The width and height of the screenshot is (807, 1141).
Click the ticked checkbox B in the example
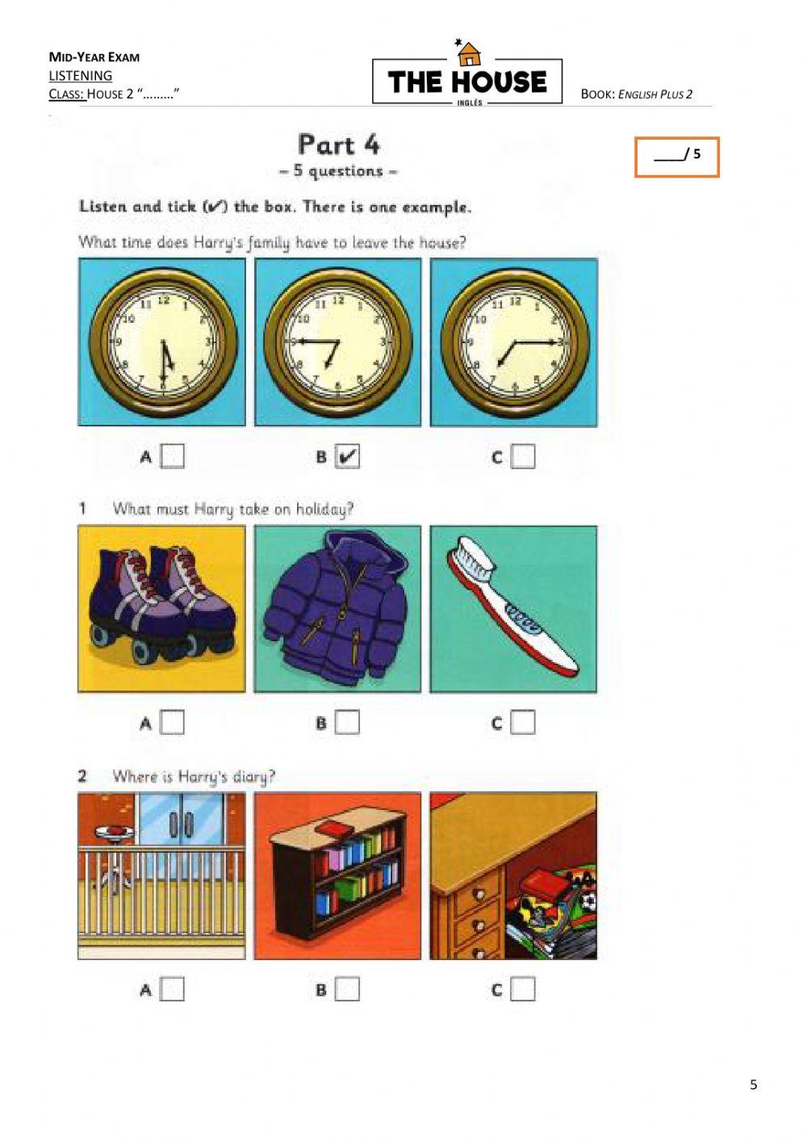coord(347,456)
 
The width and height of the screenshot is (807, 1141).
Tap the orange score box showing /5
coord(676,157)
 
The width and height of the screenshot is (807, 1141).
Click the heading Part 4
coord(339,145)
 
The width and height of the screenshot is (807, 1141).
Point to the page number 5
coord(754,1085)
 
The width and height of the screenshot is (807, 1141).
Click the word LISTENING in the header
coord(81,75)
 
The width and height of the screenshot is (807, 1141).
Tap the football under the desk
coord(589,903)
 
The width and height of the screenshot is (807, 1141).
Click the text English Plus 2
coord(655,94)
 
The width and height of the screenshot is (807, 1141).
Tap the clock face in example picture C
coord(515,344)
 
